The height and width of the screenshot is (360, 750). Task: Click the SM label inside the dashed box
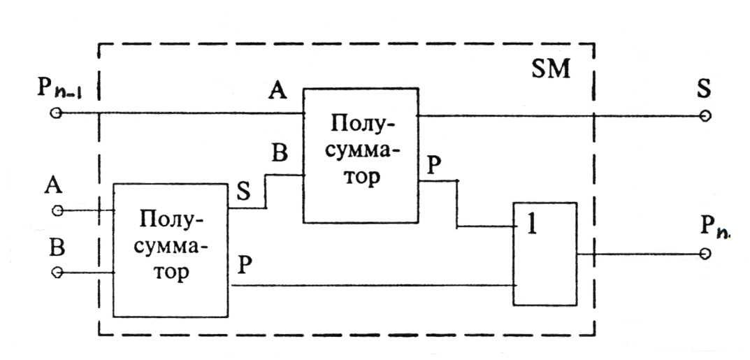pyautogui.click(x=551, y=69)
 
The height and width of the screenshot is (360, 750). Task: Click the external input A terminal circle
pyautogui.click(x=57, y=209)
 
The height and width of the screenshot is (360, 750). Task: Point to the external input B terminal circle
pyautogui.click(x=57, y=272)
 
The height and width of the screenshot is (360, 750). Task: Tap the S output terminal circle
pyautogui.click(x=707, y=116)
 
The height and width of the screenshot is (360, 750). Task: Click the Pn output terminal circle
pyautogui.click(x=707, y=254)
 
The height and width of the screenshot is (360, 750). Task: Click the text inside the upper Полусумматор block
pyautogui.click(x=361, y=152)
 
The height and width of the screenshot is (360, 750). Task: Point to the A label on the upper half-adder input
pyautogui.click(x=277, y=92)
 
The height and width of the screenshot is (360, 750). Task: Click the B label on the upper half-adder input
pyautogui.click(x=280, y=154)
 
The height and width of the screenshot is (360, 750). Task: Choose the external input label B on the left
pyautogui.click(x=57, y=249)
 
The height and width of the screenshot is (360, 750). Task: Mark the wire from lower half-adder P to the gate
pyautogui.click(x=370, y=285)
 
